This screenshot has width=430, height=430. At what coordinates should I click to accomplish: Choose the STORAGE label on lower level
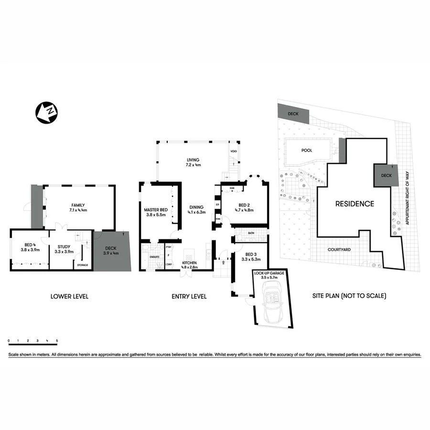tap(82, 265)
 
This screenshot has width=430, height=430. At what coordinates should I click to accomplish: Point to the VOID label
tap(234, 151)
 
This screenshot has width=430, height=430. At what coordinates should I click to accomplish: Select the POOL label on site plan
tap(306, 150)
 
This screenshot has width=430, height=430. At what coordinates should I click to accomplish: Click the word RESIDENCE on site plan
tap(354, 204)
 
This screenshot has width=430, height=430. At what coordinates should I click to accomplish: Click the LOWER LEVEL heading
tap(69, 297)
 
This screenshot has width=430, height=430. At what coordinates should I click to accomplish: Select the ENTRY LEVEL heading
tap(189, 297)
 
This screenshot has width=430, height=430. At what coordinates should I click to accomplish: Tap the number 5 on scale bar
tap(57, 340)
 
